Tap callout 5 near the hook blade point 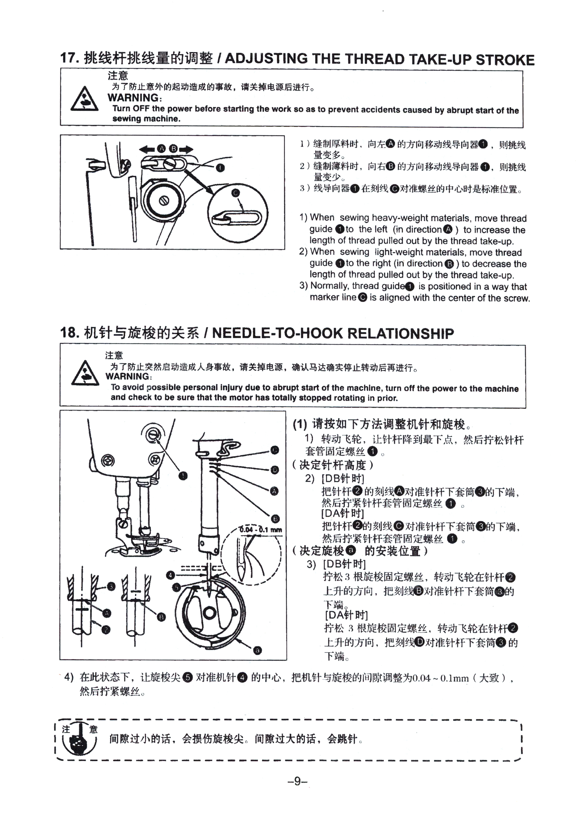point(176,587)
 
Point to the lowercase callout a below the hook point(258,650)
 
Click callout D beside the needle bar point(275,470)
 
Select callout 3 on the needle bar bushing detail point(111,586)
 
